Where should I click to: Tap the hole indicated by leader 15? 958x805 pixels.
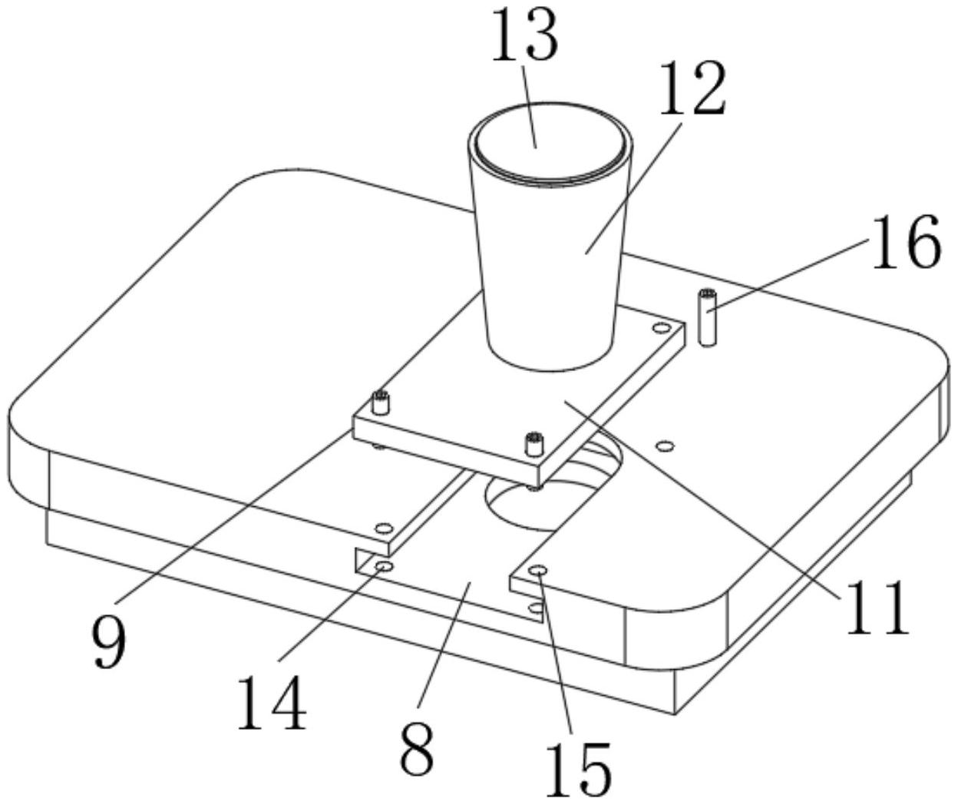pyautogui.click(x=540, y=571)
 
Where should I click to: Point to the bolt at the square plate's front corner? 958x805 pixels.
pyautogui.click(x=534, y=445)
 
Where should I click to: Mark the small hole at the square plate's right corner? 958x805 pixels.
pyautogui.click(x=658, y=329)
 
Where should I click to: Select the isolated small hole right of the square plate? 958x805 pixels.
pyautogui.click(x=665, y=445)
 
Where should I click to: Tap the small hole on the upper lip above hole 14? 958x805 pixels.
pyautogui.click(x=382, y=528)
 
